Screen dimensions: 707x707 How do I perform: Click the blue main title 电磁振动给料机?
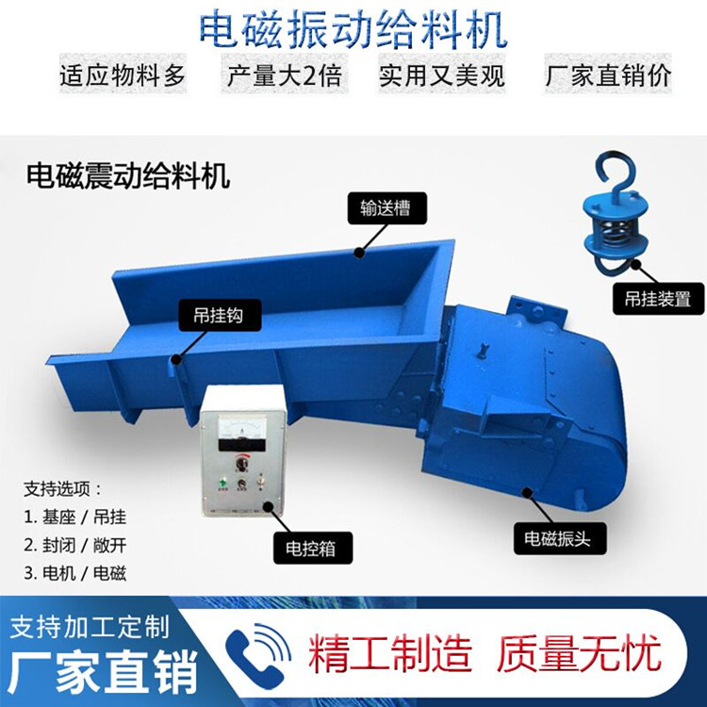coord(353,31)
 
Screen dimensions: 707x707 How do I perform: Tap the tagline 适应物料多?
coord(123,74)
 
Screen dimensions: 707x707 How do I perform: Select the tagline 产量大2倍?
coord(284,74)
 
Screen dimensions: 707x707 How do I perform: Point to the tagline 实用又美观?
coord(442,74)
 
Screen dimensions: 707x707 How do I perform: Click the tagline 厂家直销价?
coord(608,74)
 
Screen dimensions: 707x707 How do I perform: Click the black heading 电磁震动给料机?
coord(128,175)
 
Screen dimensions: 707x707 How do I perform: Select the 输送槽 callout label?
coord(386,208)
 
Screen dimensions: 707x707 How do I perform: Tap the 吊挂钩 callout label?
coord(220,315)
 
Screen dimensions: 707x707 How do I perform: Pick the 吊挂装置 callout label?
coord(658,299)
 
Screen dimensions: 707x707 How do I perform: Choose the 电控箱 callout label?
coord(312,548)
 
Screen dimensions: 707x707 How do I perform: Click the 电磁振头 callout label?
coord(559,538)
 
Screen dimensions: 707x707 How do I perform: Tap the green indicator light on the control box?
coord(222,481)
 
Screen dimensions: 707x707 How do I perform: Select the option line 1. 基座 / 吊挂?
coord(75,518)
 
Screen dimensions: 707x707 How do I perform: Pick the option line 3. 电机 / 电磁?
coord(75,573)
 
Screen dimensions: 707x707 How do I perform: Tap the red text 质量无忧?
coord(579,652)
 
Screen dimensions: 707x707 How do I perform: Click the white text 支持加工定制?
coord(90,627)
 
